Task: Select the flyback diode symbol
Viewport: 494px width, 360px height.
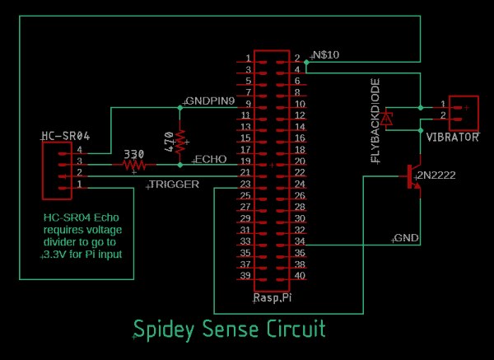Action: pos(389,117)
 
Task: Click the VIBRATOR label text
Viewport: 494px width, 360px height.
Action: pos(452,138)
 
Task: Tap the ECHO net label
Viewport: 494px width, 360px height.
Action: pos(205,157)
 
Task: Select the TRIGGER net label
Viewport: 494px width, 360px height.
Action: pos(173,185)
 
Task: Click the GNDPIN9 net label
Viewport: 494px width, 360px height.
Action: pos(211,101)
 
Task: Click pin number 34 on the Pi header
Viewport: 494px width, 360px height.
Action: pos(298,243)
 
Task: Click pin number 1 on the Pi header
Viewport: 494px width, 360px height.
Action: pos(247,58)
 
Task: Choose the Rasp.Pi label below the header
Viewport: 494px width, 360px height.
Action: pos(274,297)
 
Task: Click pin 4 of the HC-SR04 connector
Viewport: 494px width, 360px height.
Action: pos(80,151)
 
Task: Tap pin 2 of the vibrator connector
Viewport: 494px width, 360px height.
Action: pos(443,117)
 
